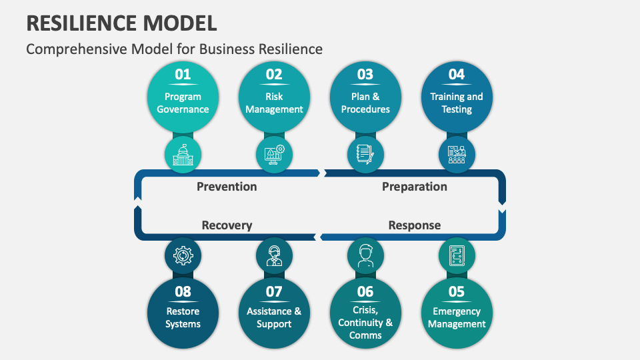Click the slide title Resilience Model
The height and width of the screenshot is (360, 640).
tap(121, 23)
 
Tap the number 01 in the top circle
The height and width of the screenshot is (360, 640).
tap(183, 75)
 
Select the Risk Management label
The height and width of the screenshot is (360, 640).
tap(274, 103)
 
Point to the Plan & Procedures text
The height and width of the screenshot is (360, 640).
tap(365, 103)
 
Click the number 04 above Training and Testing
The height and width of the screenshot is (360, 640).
tap(457, 75)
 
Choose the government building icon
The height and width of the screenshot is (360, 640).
tap(183, 155)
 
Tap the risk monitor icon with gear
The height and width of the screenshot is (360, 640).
tap(274, 155)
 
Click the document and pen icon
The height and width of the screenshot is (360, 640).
tap(365, 155)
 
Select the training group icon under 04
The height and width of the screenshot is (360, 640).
tap(457, 155)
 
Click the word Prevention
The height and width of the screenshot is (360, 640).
tap(227, 187)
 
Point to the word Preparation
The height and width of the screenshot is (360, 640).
tap(414, 187)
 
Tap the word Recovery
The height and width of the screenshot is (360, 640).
tap(227, 225)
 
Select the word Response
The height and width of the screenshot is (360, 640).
tap(414, 225)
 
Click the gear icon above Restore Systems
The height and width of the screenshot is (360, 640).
tap(183, 256)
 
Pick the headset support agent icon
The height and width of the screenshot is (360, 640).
tap(274, 256)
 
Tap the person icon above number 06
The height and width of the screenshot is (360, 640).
tap(365, 256)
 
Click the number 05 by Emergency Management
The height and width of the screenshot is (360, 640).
tap(457, 291)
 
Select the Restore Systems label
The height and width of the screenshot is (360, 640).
tap(183, 318)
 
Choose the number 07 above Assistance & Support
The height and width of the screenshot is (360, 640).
tap(274, 291)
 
